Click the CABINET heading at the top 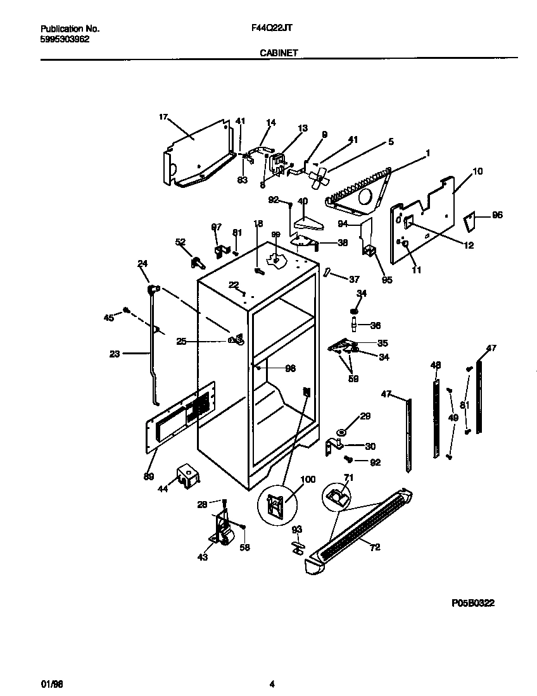(x=279, y=54)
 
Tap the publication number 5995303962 (x=65, y=39)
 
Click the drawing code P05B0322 (x=472, y=604)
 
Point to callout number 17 (x=163, y=116)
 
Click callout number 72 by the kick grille (x=375, y=547)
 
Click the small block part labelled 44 (x=186, y=473)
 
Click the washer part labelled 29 (x=342, y=432)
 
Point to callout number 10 (x=477, y=171)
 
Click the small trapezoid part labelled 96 (x=469, y=221)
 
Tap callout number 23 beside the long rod (x=114, y=354)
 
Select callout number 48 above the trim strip (x=435, y=365)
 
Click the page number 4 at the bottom (x=272, y=683)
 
